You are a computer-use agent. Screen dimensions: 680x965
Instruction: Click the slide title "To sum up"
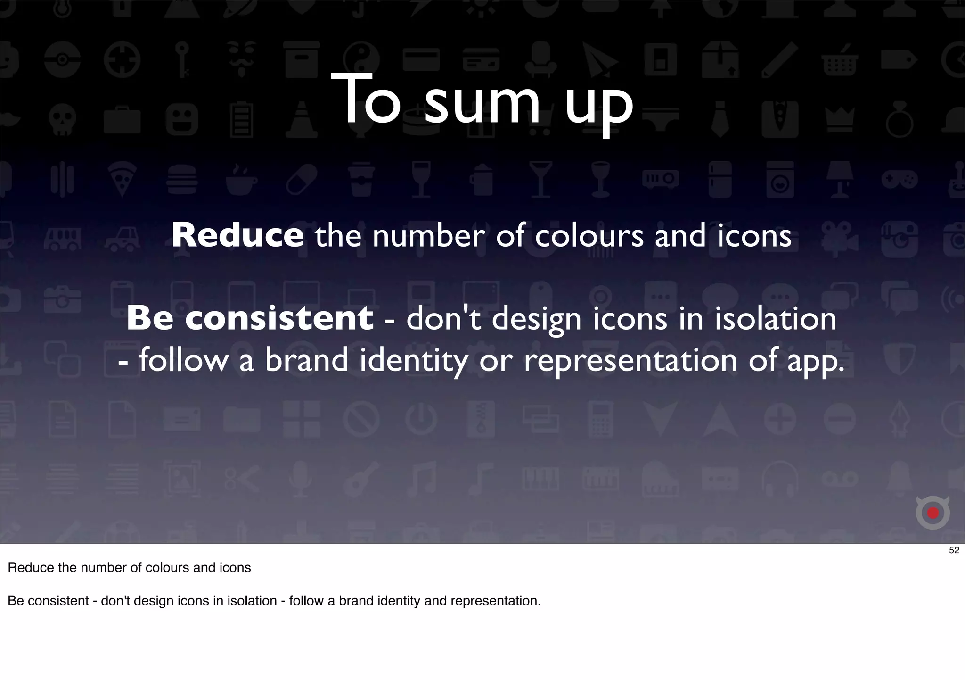482,100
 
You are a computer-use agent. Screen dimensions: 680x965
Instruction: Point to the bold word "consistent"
279,318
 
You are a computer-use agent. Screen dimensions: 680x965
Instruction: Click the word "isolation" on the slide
775,319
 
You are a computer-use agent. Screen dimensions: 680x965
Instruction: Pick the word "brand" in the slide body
306,360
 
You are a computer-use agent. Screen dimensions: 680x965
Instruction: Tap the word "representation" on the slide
630,361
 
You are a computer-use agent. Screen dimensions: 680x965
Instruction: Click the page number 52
954,550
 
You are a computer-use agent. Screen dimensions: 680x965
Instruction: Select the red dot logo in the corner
932,513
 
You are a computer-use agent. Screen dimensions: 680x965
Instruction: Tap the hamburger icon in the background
181,179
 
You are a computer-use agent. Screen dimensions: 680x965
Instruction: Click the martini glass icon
540,179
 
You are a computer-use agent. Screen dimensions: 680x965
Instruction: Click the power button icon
421,418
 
